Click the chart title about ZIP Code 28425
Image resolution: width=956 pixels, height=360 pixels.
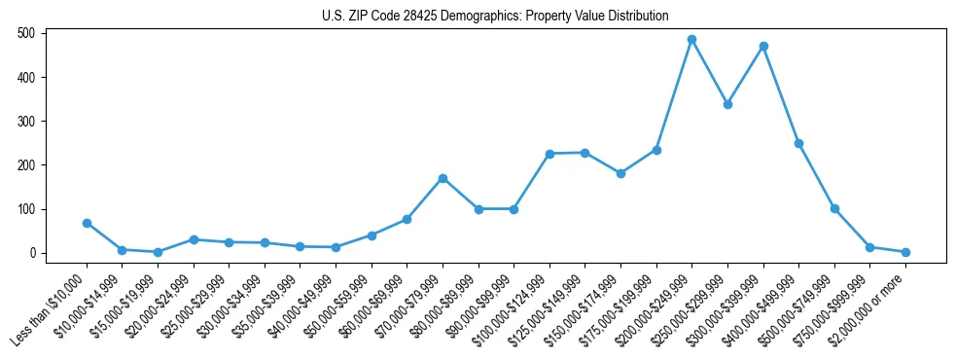pos(495,17)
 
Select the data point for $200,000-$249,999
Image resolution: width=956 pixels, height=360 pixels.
pos(691,40)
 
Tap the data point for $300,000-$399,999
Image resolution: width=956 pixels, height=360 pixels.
pos(763,47)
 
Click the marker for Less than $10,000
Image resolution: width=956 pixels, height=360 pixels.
pos(88,223)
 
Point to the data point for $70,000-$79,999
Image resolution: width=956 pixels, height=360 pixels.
pos(443,178)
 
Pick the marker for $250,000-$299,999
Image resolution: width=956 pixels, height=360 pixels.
pos(727,104)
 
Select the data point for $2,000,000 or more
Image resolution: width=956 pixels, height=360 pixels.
pos(905,252)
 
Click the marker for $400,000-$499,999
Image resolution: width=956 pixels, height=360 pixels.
pos(798,143)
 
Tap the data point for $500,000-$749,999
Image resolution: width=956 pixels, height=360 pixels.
pos(834,208)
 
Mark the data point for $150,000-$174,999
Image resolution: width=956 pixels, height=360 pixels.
pos(620,173)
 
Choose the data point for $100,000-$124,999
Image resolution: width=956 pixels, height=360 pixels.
pos(549,154)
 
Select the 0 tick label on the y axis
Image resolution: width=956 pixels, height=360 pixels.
pos(32,253)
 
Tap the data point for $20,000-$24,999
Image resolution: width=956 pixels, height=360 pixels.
pos(195,239)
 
